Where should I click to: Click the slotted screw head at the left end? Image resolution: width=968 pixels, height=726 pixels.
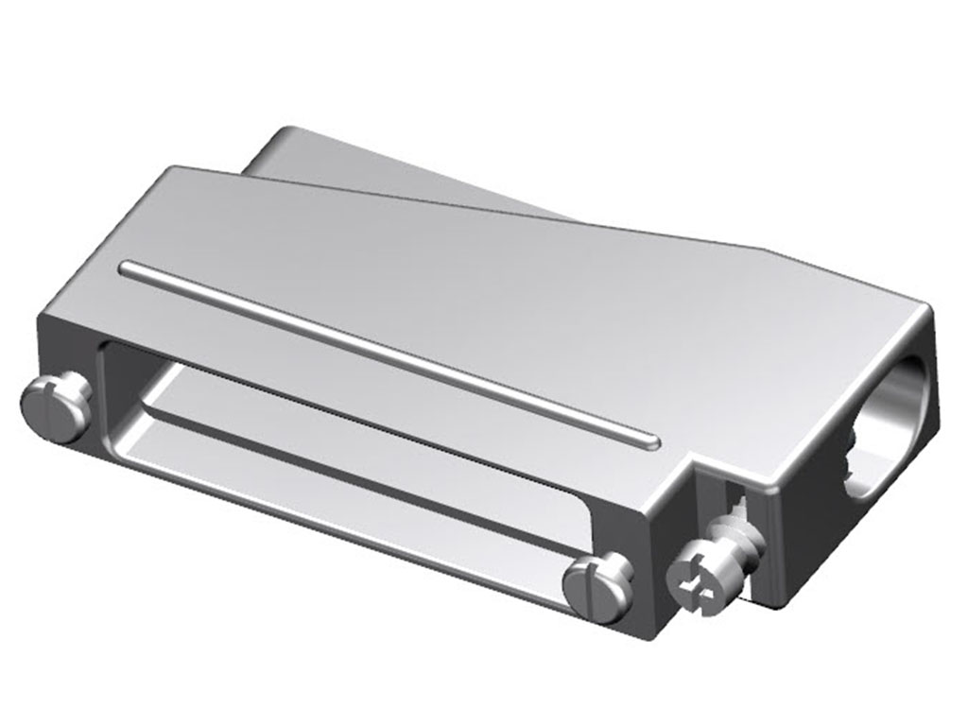click(x=56, y=408)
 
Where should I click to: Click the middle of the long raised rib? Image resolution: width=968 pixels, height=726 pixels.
click(x=388, y=355)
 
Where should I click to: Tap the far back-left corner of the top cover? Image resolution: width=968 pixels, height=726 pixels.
click(x=170, y=171)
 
